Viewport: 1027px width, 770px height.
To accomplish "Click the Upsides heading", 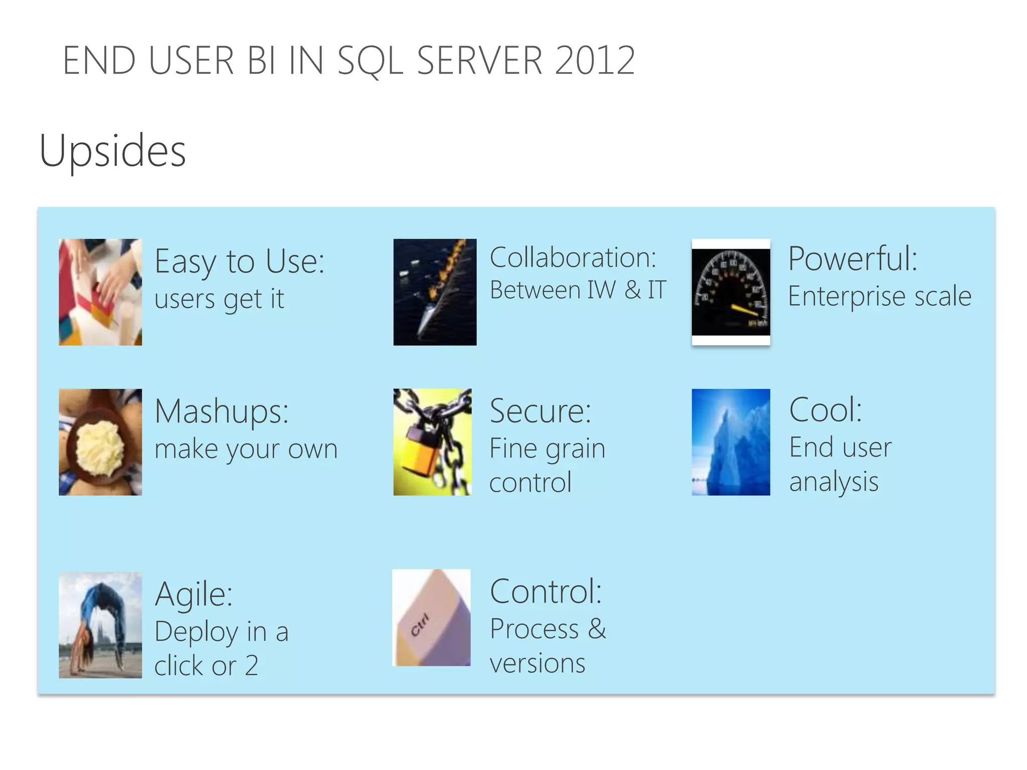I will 112,150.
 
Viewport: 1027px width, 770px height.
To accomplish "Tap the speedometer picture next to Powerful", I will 731,292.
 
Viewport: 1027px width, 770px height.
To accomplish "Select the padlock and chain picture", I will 432,442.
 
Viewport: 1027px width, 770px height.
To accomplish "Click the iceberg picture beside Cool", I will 731,442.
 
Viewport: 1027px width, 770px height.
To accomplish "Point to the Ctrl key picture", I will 431,618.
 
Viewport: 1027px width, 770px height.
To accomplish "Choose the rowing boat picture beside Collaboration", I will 435,292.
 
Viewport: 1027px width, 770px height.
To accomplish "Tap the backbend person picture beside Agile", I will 100,625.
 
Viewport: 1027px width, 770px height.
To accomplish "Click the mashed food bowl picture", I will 100,442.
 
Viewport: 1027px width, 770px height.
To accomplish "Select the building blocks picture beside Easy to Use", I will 100,292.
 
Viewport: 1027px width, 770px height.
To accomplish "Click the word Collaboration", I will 572,258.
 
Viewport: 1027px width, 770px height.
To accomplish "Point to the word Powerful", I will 852,259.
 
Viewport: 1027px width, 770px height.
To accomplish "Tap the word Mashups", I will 221,411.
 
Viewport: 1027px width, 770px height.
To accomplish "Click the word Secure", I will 540,411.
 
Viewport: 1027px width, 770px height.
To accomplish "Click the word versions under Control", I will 537,663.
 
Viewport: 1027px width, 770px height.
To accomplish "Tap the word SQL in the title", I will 370,61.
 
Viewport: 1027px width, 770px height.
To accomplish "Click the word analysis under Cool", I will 833,482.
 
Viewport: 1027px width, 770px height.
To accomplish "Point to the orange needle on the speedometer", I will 744,310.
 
